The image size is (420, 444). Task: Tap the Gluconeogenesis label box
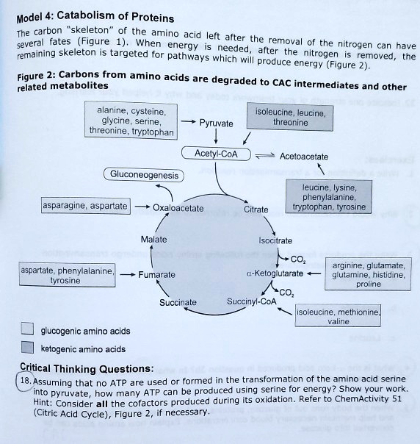point(144,175)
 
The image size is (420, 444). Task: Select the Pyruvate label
point(217,123)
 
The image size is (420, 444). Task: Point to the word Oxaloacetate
point(178,209)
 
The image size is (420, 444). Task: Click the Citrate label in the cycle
point(256,210)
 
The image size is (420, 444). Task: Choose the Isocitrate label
point(275,240)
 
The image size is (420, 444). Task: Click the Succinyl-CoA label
point(252,301)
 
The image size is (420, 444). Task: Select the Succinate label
point(178,302)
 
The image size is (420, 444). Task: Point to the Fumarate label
point(157,274)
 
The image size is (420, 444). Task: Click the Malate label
point(153,240)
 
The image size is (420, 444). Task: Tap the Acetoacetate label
point(304,157)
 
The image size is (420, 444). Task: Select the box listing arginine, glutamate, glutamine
point(368,273)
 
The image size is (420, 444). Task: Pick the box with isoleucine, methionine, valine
point(338,317)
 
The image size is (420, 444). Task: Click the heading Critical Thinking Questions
point(87,368)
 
